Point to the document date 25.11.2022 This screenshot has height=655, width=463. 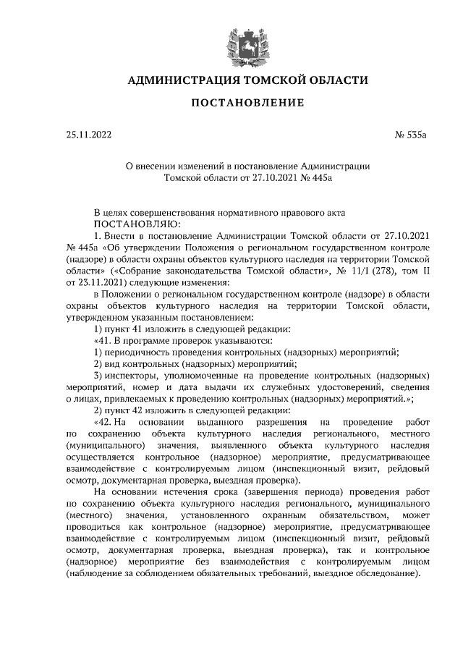click(85, 135)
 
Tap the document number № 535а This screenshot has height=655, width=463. click(412, 135)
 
